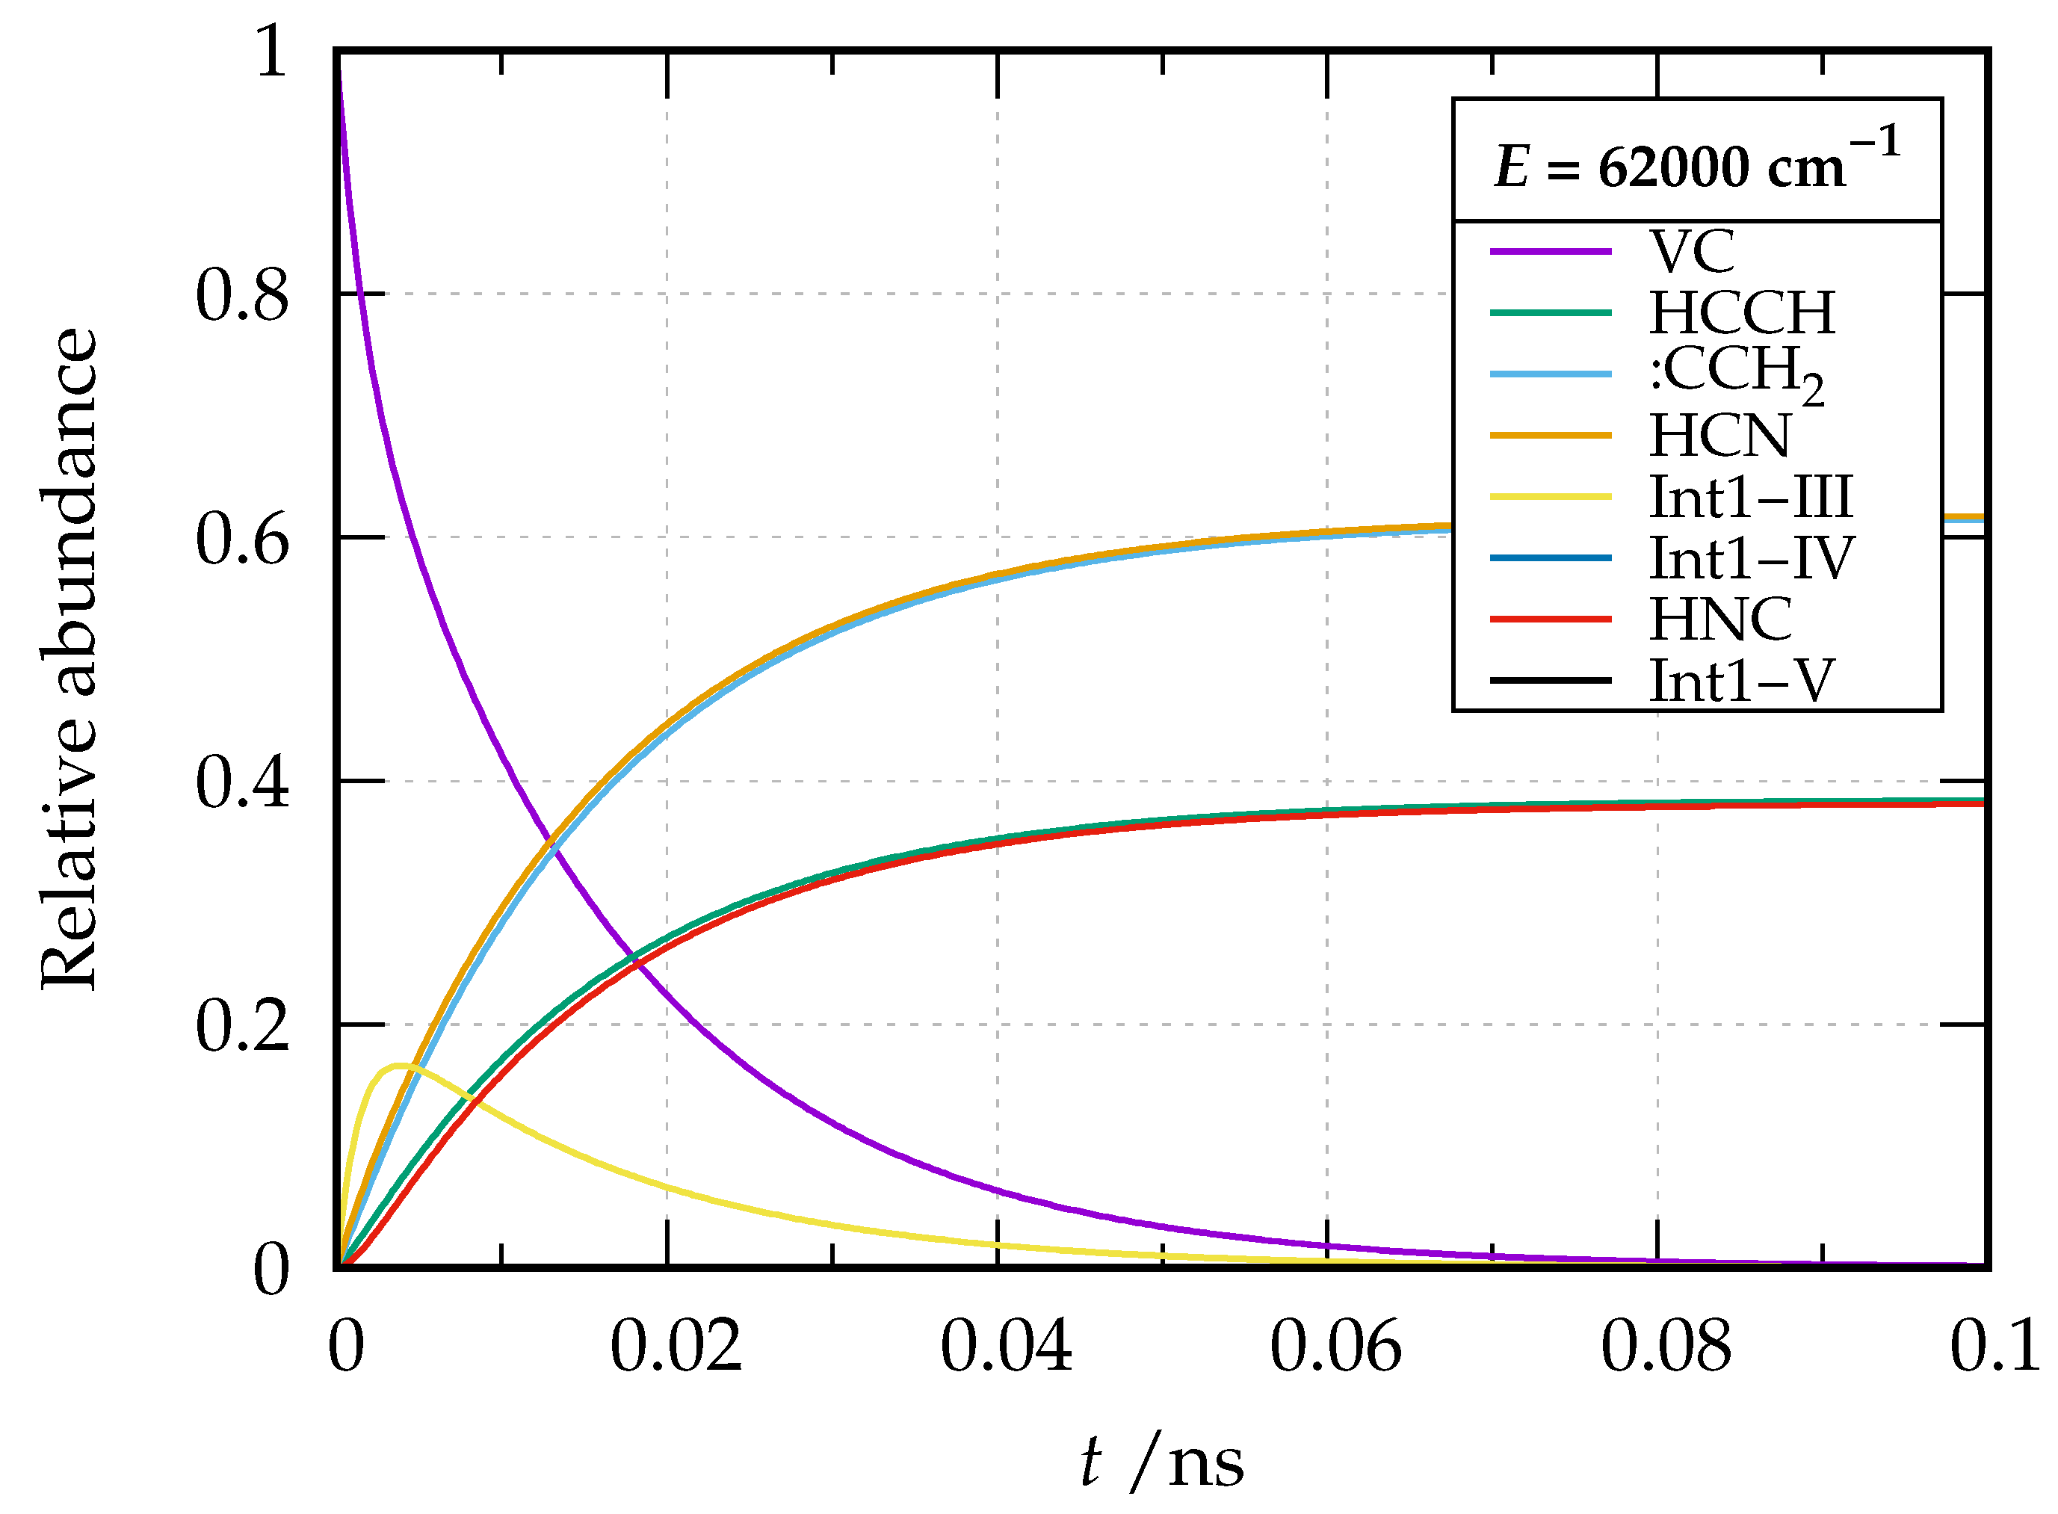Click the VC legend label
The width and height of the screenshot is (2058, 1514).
point(1692,252)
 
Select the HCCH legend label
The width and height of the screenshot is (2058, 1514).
point(1742,313)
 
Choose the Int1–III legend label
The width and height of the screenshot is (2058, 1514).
point(1751,497)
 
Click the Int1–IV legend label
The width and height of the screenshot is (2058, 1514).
point(1751,558)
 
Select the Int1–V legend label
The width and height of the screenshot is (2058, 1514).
point(1741,681)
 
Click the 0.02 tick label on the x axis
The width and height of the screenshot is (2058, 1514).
point(676,1347)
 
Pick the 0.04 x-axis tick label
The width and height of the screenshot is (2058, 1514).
point(1006,1347)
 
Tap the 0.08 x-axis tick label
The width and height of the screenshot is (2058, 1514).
point(1666,1347)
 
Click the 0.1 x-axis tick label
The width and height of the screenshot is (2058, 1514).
point(1994,1347)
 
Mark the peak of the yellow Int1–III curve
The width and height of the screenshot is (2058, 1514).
point(400,1065)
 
